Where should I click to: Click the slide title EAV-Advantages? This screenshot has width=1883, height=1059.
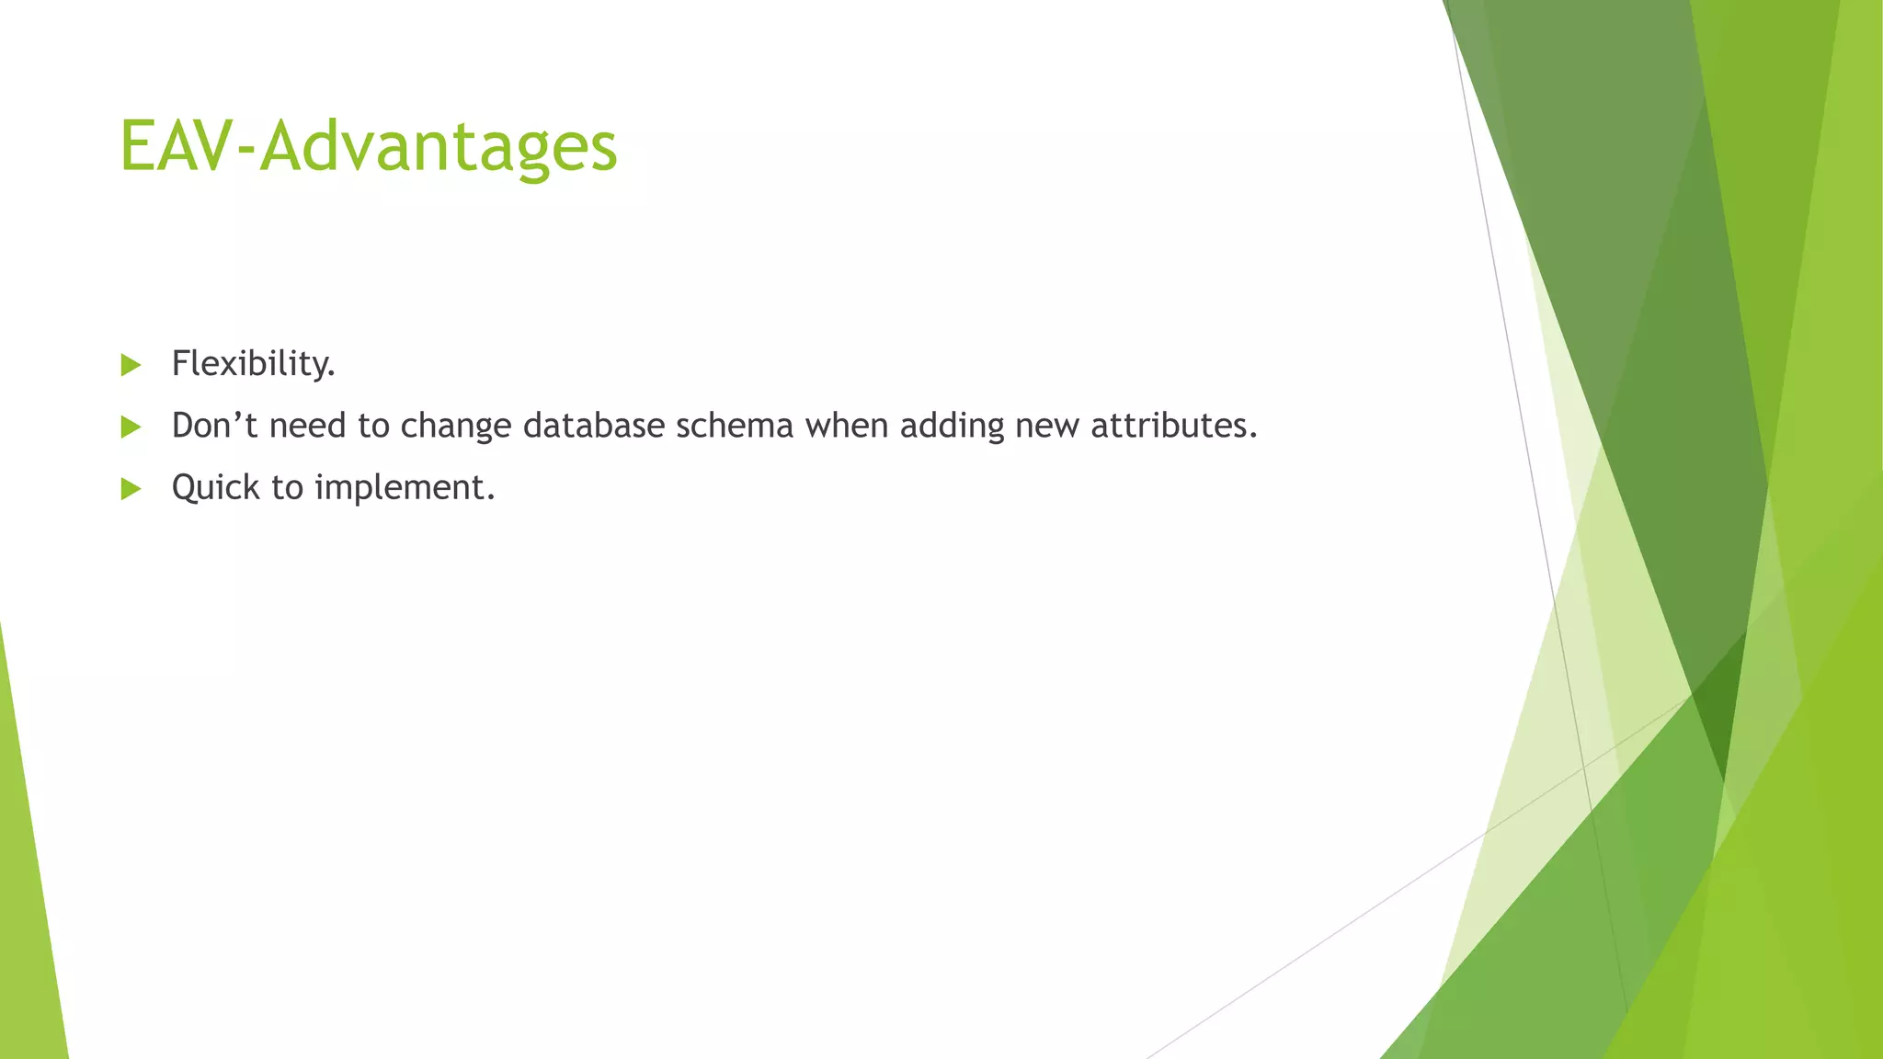click(x=368, y=147)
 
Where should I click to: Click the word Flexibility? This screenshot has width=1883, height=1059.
click(x=253, y=364)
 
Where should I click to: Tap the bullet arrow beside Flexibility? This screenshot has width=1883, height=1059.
click(x=131, y=365)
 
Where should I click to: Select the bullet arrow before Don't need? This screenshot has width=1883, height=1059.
click(x=131, y=427)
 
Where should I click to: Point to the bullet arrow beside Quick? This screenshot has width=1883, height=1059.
click(x=131, y=488)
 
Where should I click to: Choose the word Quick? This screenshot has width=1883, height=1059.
click(x=216, y=488)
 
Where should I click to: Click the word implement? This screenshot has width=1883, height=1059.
click(x=405, y=488)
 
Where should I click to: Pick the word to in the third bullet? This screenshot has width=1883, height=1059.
click(x=287, y=488)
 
